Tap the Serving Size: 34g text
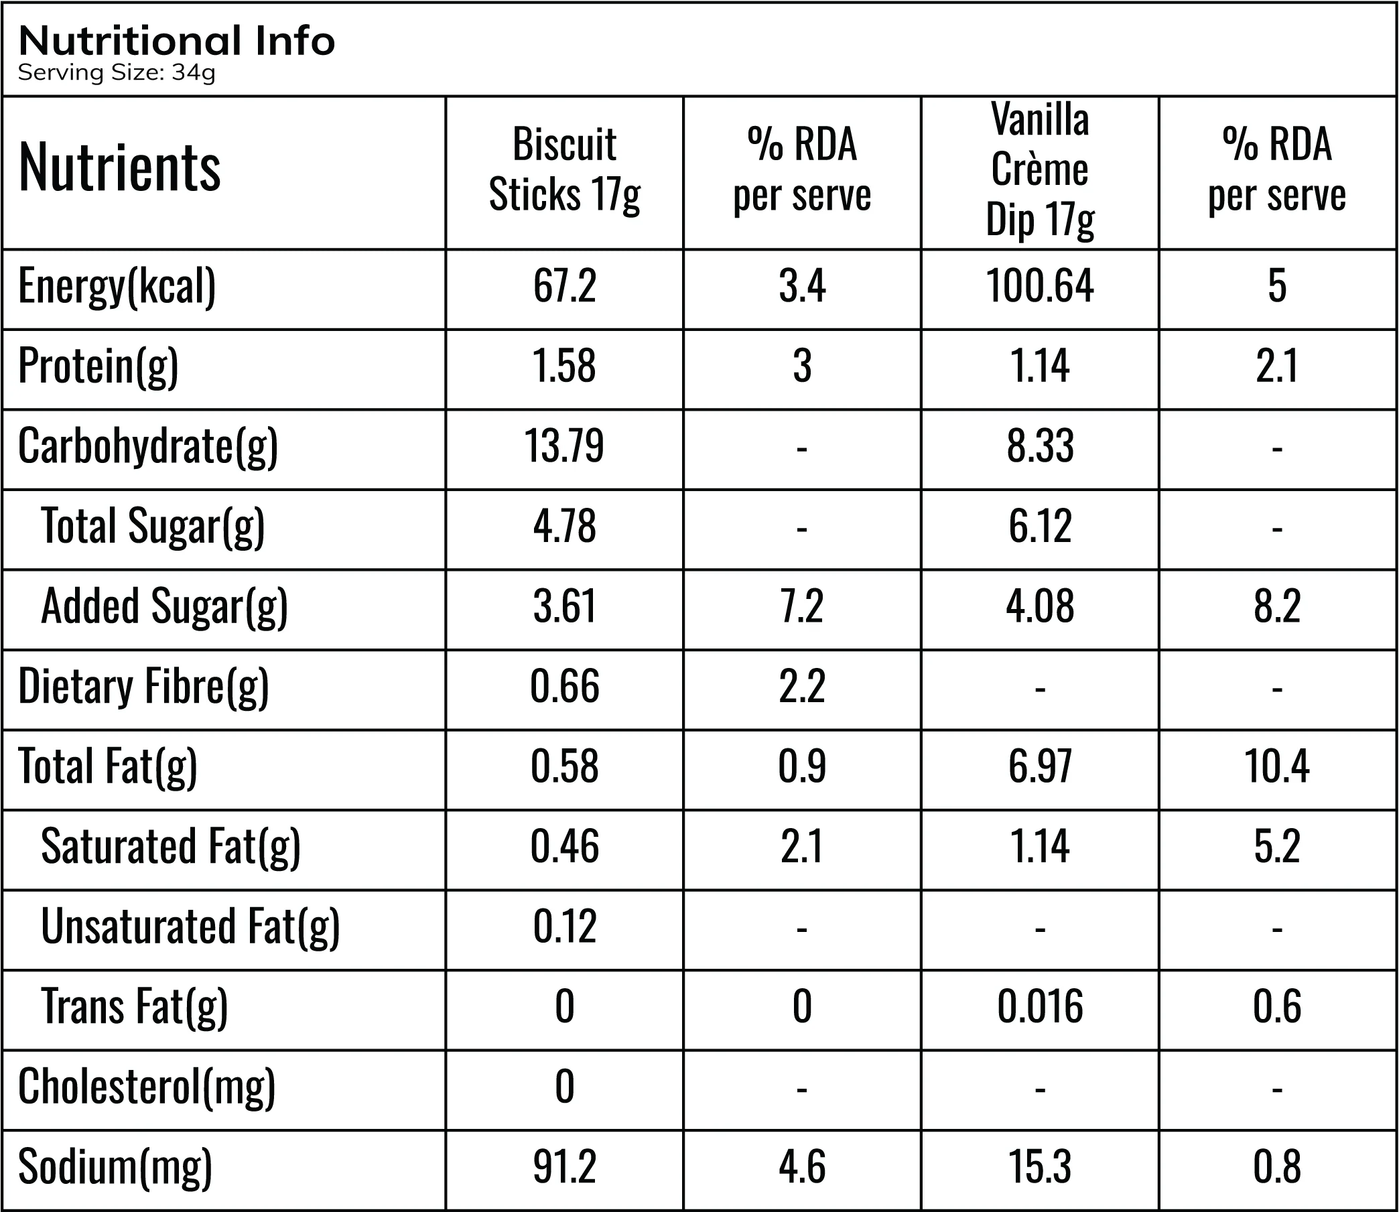tap(117, 72)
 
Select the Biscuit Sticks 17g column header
tap(564, 170)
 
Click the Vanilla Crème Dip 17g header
tap(1040, 170)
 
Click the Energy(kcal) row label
tap(117, 287)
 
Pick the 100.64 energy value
tap(1040, 285)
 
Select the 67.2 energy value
tap(564, 285)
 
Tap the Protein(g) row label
tap(98, 366)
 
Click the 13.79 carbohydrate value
tap(564, 446)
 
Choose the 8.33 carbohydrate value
tap(1040, 446)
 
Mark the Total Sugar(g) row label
tap(153, 527)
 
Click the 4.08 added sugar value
tap(1040, 605)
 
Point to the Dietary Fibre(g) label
tap(143, 687)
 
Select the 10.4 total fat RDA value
tap(1276, 766)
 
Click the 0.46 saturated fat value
tap(564, 846)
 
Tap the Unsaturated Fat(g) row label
tap(190, 927)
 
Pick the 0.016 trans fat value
tap(1040, 1006)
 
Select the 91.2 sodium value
tap(564, 1166)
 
